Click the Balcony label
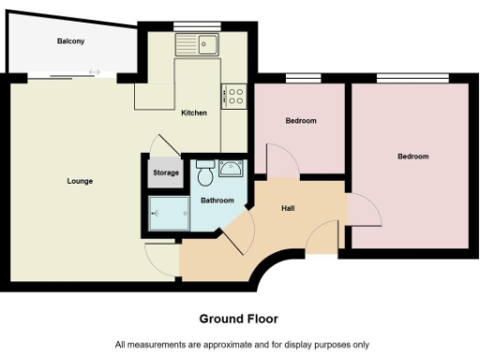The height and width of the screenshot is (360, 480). (x=70, y=41)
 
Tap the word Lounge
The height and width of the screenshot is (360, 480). (x=80, y=180)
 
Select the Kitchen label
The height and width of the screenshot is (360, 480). (x=194, y=112)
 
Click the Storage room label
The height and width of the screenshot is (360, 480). (x=166, y=172)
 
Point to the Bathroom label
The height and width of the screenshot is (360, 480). (x=217, y=201)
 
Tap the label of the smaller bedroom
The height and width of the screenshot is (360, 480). (x=300, y=121)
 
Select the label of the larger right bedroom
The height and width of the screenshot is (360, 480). (x=412, y=156)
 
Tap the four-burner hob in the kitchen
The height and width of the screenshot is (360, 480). (x=233, y=95)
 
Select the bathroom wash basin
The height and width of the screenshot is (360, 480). (x=231, y=170)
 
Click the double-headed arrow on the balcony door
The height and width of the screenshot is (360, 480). (x=94, y=72)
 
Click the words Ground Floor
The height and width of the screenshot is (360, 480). (x=239, y=319)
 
